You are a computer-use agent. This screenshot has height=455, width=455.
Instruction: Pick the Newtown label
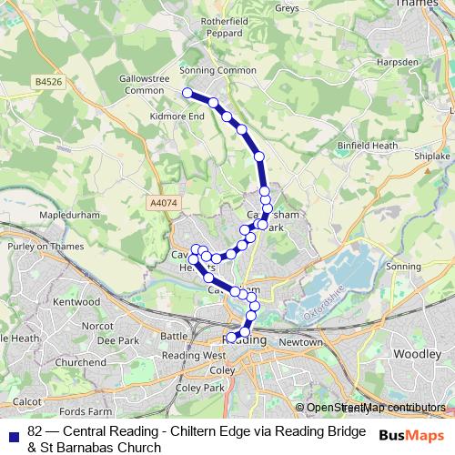300,342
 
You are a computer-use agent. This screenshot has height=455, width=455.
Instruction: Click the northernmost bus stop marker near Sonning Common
187,93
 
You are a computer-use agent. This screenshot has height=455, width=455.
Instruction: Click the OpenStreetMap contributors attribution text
375,408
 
